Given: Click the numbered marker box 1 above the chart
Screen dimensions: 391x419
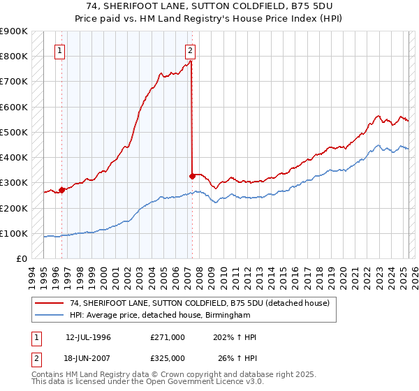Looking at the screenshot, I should click(x=59, y=50).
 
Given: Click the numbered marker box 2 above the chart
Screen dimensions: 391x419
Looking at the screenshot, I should click(x=190, y=50).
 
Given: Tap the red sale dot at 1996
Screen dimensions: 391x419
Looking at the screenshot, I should click(x=61, y=190).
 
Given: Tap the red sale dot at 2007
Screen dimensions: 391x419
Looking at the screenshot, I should click(x=192, y=176).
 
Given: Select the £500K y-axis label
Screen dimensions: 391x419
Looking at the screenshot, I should click(x=14, y=132).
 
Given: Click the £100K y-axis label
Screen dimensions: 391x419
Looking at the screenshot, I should click(x=14, y=233).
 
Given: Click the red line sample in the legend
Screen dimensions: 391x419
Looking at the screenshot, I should click(x=50, y=302).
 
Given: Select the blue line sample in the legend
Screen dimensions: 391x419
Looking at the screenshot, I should click(x=50, y=316).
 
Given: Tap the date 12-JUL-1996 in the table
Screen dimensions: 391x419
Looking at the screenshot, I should click(x=88, y=337).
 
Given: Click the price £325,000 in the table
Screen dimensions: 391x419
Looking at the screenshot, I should click(x=168, y=358).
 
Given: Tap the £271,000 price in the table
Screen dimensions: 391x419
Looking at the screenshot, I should click(x=168, y=337).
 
